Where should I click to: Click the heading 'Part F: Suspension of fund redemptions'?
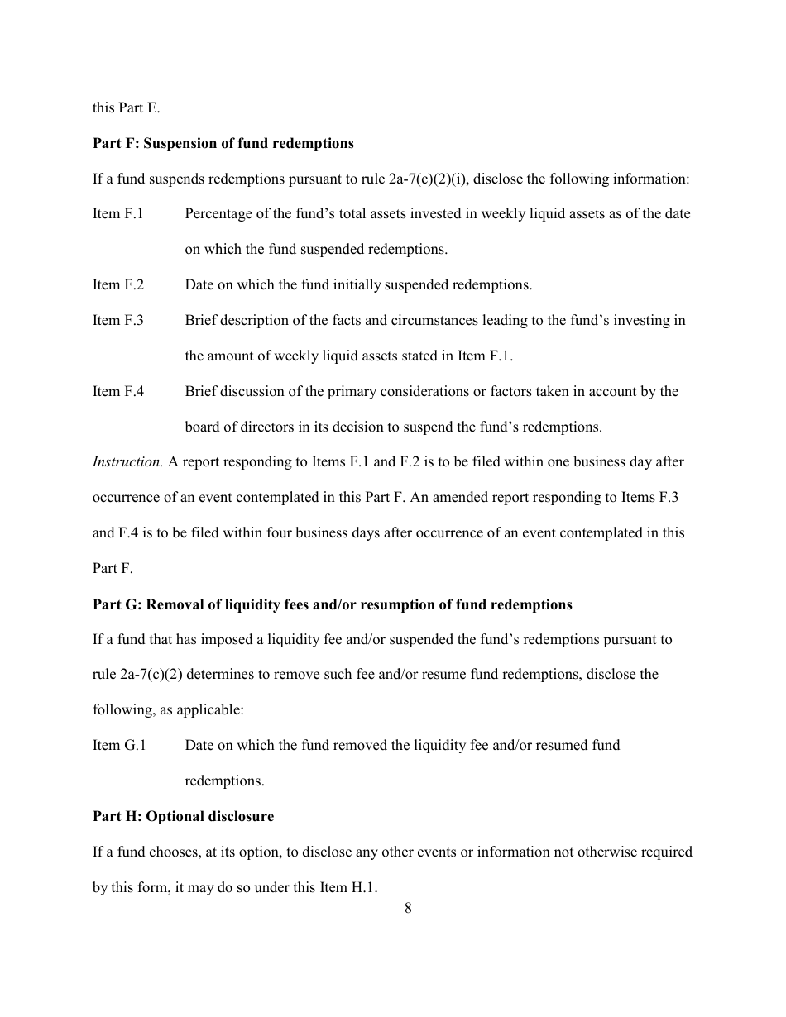(x=223, y=144)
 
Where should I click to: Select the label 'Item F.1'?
(x=117, y=214)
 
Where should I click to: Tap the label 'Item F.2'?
(x=117, y=285)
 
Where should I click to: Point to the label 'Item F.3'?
(x=117, y=321)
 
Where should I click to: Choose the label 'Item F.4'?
(x=117, y=392)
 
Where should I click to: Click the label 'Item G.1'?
(x=119, y=746)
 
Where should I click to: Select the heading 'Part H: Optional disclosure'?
(x=183, y=817)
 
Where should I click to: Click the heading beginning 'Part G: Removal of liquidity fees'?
(x=332, y=605)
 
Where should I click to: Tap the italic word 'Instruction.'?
(x=127, y=462)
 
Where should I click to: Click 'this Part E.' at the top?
(x=126, y=108)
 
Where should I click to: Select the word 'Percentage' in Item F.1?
(x=216, y=214)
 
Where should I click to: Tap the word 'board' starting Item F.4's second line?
(x=202, y=427)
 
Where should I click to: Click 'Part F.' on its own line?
(x=112, y=569)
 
